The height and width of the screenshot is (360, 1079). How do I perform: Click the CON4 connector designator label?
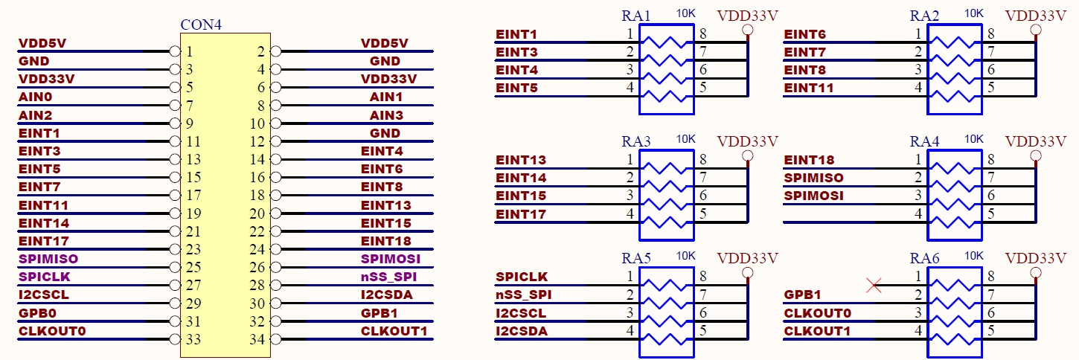(201, 25)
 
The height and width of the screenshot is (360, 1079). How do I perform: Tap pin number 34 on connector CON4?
(257, 340)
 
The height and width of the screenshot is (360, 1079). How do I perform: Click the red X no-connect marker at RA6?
(874, 284)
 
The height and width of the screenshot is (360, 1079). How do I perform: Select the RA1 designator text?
(636, 16)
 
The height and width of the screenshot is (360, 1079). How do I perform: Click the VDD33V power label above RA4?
(1035, 141)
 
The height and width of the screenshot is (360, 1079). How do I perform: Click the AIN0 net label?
(36, 97)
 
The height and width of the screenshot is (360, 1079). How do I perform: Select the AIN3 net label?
(386, 115)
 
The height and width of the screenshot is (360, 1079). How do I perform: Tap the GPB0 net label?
(36, 312)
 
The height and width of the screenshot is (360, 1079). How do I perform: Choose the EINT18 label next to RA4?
(809, 160)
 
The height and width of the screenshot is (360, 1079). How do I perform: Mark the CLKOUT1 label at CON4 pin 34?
(394, 331)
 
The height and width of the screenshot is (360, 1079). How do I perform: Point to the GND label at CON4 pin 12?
(385, 133)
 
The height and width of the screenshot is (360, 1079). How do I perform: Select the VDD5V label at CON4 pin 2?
(388, 43)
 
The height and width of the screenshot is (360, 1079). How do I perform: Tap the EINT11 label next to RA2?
(809, 88)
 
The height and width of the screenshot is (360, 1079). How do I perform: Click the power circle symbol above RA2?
(1035, 30)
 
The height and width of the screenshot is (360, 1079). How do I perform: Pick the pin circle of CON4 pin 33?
(175, 339)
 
